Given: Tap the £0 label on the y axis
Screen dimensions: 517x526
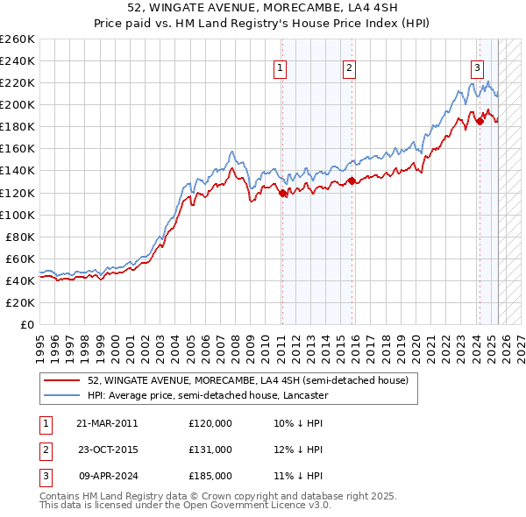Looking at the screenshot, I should (x=27, y=324).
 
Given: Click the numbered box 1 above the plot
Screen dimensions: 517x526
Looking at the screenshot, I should (x=280, y=67).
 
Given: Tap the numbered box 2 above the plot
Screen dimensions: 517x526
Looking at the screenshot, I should (x=349, y=67).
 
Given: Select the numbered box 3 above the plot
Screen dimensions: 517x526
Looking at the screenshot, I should (x=477, y=67).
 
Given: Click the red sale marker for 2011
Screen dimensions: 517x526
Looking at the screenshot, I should (x=282, y=193).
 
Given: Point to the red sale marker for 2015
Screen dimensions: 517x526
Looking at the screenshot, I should (x=352, y=181).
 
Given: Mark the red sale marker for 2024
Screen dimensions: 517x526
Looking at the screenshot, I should (x=480, y=122).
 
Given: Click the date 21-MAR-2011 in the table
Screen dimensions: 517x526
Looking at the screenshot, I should (x=107, y=423).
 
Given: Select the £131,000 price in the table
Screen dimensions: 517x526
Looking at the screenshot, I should (x=210, y=450).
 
